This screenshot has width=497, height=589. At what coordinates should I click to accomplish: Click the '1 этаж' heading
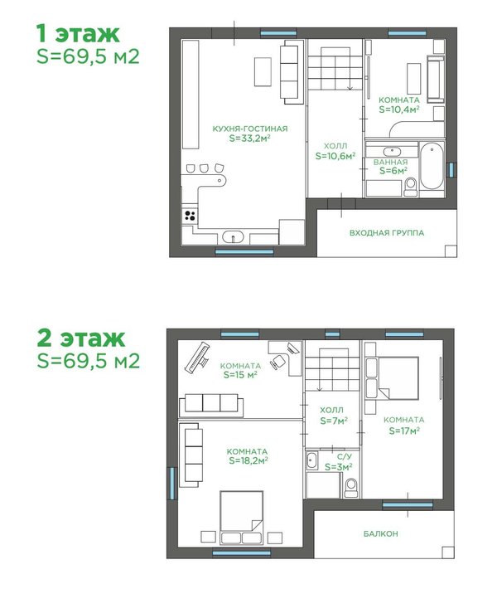point(78,34)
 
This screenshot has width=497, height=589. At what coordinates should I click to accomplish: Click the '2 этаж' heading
point(80,338)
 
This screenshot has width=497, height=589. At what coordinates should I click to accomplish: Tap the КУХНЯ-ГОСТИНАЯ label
point(250,129)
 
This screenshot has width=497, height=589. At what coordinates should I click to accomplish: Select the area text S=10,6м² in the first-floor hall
point(335,156)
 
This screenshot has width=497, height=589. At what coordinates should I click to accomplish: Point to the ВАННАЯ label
point(390,162)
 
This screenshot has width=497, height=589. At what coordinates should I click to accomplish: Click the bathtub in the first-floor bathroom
point(432,166)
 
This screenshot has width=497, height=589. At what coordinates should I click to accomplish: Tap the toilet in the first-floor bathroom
point(411,187)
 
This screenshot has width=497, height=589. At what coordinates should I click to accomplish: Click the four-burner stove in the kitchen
point(191,215)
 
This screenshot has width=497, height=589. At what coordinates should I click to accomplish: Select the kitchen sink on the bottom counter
point(233,236)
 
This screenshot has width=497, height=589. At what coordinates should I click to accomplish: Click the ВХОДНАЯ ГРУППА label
point(387,233)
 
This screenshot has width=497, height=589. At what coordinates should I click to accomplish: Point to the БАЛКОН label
point(381,533)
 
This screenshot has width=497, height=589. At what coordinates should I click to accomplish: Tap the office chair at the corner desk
point(278,362)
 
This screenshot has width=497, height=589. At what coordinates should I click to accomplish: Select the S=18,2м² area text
point(248,460)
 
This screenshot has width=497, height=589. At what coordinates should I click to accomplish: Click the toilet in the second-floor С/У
point(351,487)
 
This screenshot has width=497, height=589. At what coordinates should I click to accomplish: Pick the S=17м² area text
point(404,431)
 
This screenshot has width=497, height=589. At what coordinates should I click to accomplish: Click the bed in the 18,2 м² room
point(241,518)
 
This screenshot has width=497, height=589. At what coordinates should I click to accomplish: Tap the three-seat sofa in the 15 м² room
point(211,406)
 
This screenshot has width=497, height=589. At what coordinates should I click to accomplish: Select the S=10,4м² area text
point(398,110)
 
